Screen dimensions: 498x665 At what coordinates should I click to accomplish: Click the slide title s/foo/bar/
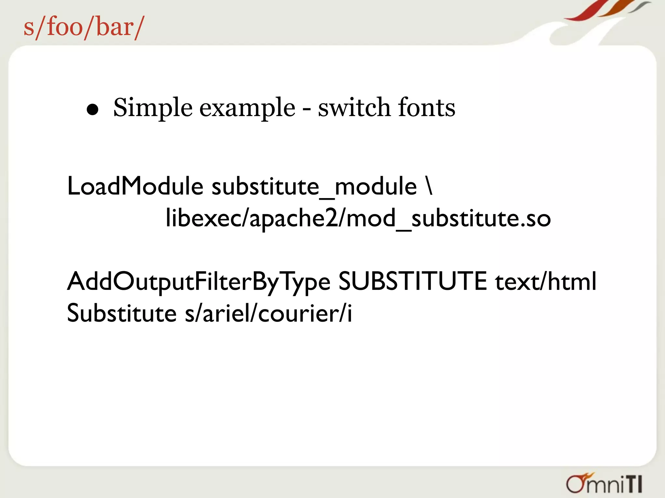tap(83, 28)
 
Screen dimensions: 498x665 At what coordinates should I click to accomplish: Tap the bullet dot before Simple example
tap(93, 110)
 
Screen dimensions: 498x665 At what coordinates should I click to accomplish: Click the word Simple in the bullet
tap(153, 108)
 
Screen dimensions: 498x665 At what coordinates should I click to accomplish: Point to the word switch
tap(354, 107)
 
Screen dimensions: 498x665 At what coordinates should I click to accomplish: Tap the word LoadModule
tap(135, 186)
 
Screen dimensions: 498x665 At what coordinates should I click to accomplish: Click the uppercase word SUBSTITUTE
tap(412, 281)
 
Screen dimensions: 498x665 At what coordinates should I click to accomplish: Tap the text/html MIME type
tap(546, 281)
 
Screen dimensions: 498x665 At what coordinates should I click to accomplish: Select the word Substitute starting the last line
tap(122, 313)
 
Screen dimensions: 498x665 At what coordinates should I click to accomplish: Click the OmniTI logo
tap(604, 484)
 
